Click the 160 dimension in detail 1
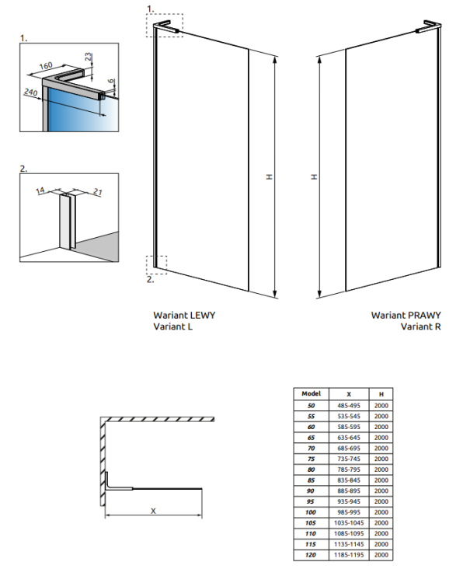(x=46, y=66)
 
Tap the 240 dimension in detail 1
(x=31, y=92)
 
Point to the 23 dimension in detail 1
(x=88, y=57)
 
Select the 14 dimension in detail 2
(x=40, y=190)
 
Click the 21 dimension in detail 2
(x=97, y=192)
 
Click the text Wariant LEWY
(x=184, y=316)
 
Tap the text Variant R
(x=420, y=326)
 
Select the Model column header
(x=311, y=393)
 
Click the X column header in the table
(x=349, y=394)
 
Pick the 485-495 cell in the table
(x=349, y=406)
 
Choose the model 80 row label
(x=311, y=470)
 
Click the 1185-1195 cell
(x=349, y=555)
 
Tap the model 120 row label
(x=311, y=555)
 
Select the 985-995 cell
(x=349, y=512)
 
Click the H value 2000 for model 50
(x=381, y=406)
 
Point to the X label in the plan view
(x=153, y=511)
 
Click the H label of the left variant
(x=270, y=177)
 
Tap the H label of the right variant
(x=315, y=177)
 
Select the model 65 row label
(x=311, y=438)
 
